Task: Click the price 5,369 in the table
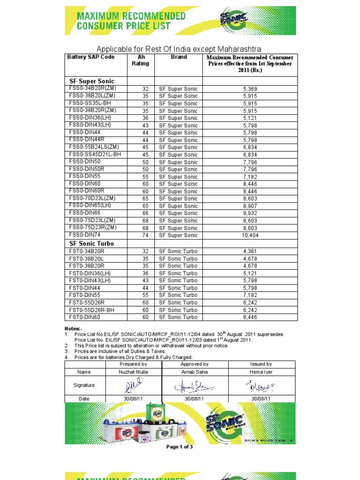click(x=250, y=89)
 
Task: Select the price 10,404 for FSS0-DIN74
click(x=250, y=235)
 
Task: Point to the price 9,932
click(x=250, y=213)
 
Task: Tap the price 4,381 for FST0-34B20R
click(x=250, y=251)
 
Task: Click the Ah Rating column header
click(x=140, y=60)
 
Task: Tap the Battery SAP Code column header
click(x=90, y=57)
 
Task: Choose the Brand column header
click(x=179, y=57)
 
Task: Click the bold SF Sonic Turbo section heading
click(x=91, y=244)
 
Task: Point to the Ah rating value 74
click(x=145, y=235)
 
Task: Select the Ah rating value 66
click(x=145, y=213)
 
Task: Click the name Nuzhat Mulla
click(x=133, y=372)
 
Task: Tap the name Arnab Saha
click(x=195, y=372)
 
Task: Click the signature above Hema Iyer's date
click(x=261, y=385)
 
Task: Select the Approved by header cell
click(x=195, y=364)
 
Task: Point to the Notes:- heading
click(x=73, y=328)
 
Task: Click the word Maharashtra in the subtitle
click(x=236, y=49)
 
